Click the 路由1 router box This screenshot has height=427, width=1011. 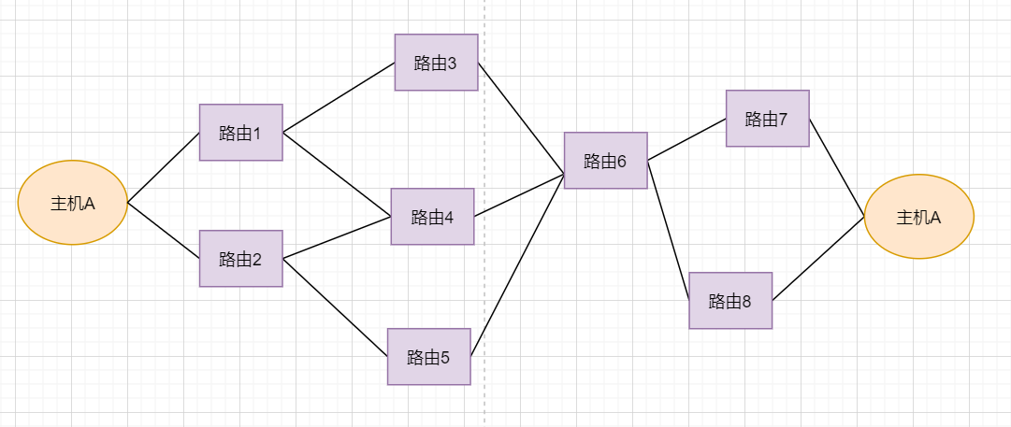(240, 133)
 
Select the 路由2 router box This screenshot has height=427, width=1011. (240, 259)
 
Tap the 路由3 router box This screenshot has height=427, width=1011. (436, 63)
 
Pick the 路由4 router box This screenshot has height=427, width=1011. (432, 217)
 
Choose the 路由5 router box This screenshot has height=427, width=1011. (428, 357)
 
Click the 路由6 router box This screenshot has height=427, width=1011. (605, 161)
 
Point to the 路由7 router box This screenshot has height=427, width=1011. (767, 119)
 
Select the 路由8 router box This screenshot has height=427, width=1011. (730, 301)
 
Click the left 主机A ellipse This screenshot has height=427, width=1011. (72, 203)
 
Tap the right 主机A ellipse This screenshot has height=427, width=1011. (918, 217)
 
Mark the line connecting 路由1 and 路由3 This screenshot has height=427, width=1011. (339, 98)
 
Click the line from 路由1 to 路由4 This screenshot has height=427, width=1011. (337, 174)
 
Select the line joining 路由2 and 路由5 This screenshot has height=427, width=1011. (335, 307)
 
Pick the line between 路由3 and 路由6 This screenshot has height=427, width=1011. (521, 119)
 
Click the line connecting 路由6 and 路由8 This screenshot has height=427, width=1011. (669, 230)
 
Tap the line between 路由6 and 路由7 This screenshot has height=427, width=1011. (686, 140)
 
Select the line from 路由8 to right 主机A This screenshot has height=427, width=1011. (818, 259)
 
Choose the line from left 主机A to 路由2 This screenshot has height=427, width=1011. (163, 231)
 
